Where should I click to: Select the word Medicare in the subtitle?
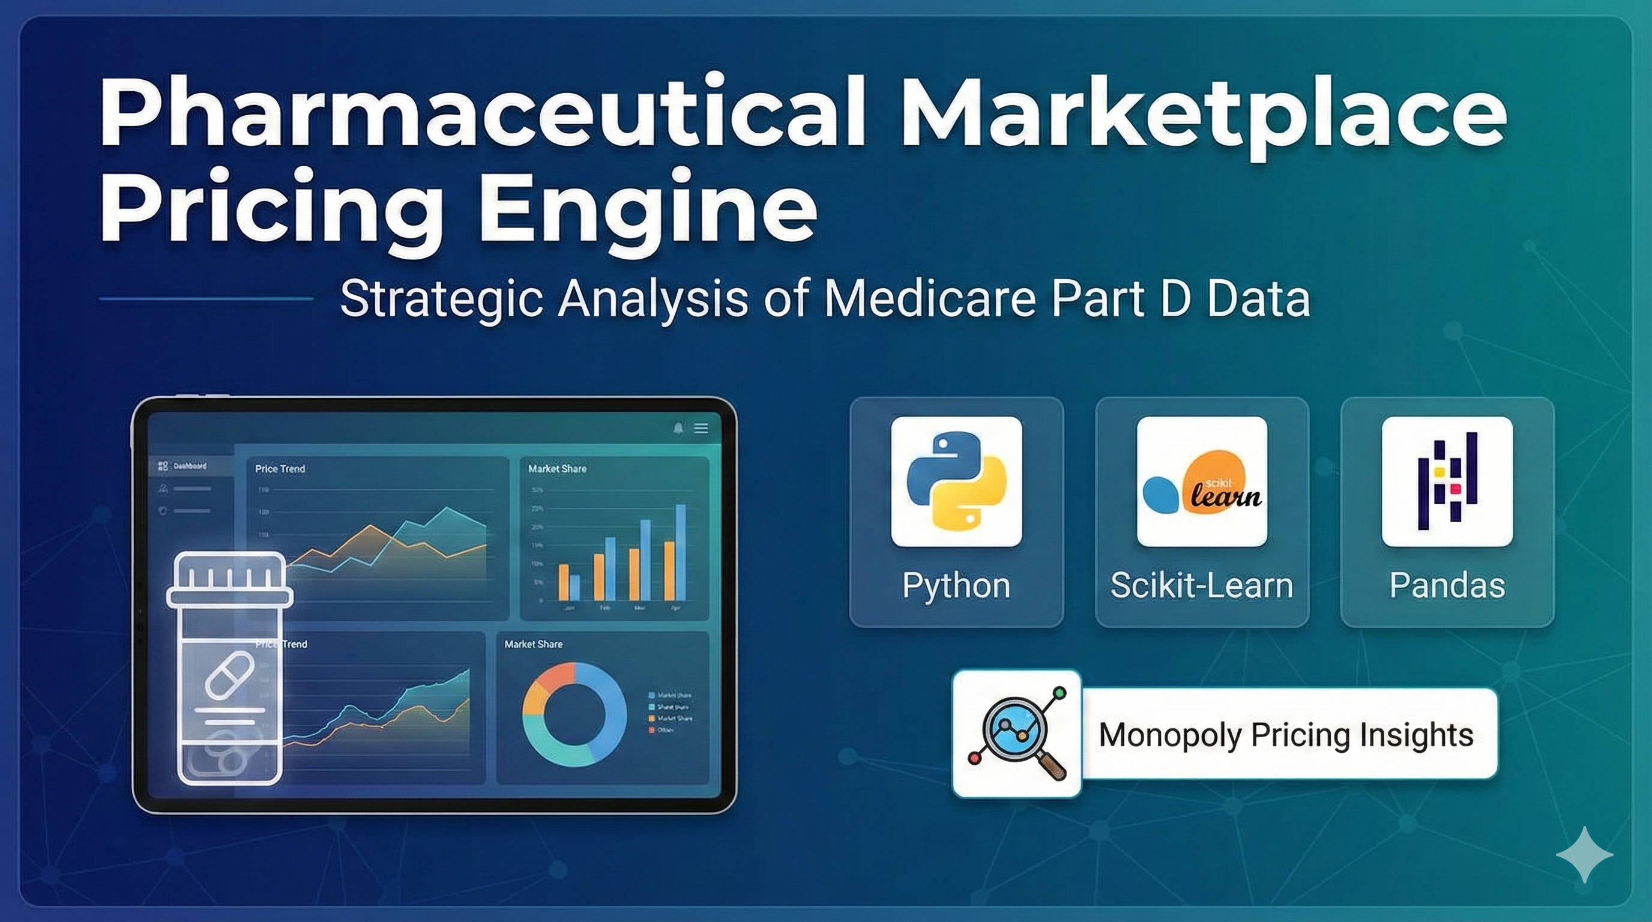click(x=930, y=299)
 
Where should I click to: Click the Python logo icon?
click(x=956, y=481)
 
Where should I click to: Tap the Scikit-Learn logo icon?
click(x=1202, y=481)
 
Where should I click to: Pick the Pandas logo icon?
click(x=1447, y=481)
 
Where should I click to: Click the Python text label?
click(x=956, y=585)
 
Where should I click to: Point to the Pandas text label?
click(x=1447, y=585)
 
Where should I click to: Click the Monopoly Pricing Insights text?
click(x=1286, y=735)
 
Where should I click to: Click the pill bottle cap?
click(x=229, y=580)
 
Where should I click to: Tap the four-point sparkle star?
click(x=1584, y=855)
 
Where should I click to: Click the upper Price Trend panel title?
click(x=280, y=469)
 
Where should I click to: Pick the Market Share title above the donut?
click(x=533, y=643)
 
